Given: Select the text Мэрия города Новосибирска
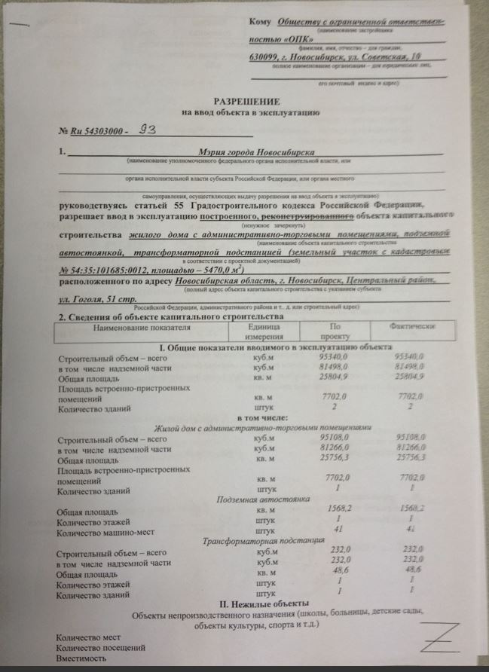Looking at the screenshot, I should [253, 153].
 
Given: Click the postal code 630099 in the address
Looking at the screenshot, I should [267, 58].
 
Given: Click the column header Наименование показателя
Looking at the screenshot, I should [139, 328].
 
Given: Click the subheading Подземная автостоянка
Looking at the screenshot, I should [253, 499].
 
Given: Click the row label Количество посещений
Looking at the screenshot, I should [101, 647].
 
